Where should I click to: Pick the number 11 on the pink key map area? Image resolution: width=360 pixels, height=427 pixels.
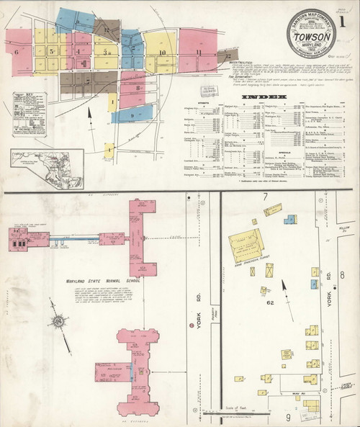pos(197,53)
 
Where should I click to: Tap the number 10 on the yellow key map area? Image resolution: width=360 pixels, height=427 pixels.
pos(163,53)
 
